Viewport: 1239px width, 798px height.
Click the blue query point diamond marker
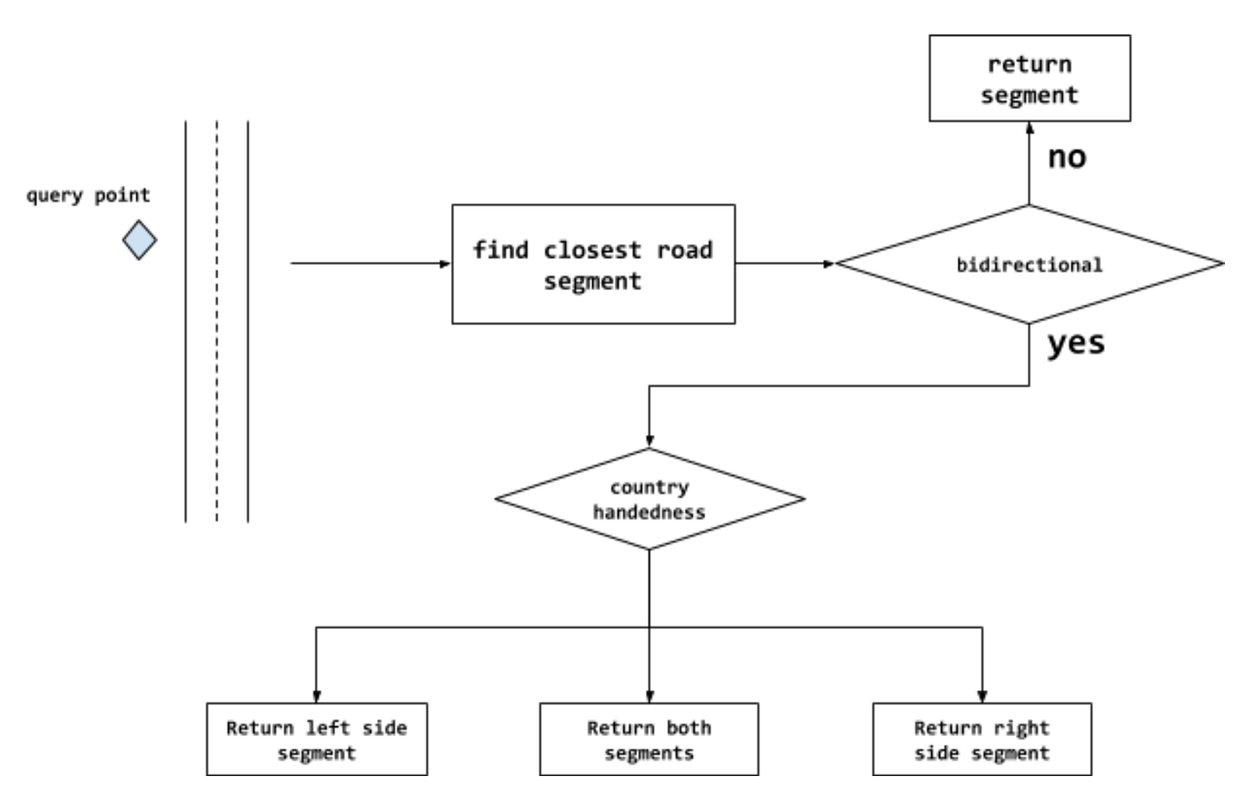point(140,241)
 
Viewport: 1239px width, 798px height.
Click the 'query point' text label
point(88,196)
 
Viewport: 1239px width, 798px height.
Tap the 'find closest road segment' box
point(593,265)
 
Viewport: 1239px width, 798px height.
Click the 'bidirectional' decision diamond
point(1029,265)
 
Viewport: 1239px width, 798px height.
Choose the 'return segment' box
point(1029,79)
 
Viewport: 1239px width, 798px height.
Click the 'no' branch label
point(1066,157)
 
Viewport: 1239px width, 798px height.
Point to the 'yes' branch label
point(1075,343)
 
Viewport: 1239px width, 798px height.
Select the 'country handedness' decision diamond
point(650,499)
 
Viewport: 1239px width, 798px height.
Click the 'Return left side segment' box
point(317,740)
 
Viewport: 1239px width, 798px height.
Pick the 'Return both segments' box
point(650,740)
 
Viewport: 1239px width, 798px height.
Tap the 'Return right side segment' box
point(982,740)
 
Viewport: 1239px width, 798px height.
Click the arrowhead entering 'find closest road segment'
point(445,264)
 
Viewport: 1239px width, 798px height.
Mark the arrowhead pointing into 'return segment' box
point(1029,128)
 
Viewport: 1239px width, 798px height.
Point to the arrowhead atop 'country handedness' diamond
point(650,441)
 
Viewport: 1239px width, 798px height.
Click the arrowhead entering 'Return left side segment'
point(317,696)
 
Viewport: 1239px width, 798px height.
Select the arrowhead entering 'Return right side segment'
point(982,696)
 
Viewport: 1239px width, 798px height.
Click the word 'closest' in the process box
point(592,250)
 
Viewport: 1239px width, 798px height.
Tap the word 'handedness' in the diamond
point(650,512)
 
